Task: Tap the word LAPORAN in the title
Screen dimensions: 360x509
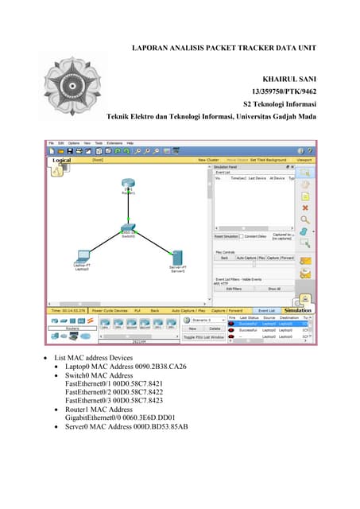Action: coord(150,49)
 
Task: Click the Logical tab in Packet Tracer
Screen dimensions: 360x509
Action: coord(62,160)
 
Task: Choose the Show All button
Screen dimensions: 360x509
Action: coord(273,288)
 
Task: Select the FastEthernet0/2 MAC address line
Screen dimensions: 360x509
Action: coord(110,392)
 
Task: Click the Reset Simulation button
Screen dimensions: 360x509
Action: coord(227,235)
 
